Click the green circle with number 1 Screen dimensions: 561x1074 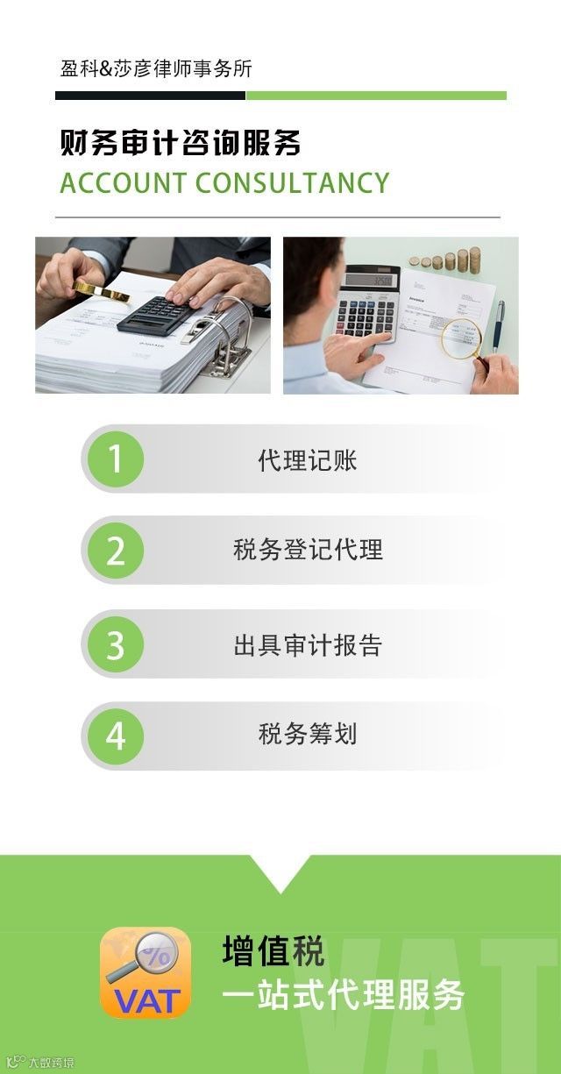[x=115, y=459]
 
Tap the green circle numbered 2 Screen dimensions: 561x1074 [x=115, y=550]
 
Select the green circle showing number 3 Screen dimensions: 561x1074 [x=115, y=644]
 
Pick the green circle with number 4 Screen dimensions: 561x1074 [x=115, y=736]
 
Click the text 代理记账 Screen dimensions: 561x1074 [x=308, y=460]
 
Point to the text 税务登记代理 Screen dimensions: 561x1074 [x=308, y=550]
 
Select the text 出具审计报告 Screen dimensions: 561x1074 [x=308, y=644]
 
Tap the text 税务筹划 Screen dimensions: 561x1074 [x=308, y=734]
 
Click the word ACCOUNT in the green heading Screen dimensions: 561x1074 [x=124, y=182]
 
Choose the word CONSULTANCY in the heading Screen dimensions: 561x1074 [x=293, y=182]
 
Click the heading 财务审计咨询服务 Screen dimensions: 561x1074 [x=181, y=142]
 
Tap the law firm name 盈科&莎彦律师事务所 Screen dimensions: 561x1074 [x=156, y=68]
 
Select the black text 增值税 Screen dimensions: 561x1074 [x=273, y=950]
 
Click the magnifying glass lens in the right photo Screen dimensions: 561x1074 [x=461, y=338]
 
